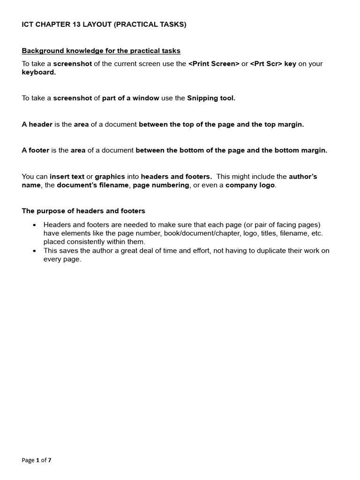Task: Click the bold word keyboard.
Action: pyautogui.click(x=38, y=72)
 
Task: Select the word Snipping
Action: pyautogui.click(x=202, y=98)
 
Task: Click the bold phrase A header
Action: pyautogui.click(x=37, y=124)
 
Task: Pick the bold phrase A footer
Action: pyautogui.click(x=36, y=150)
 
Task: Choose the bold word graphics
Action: pyautogui.click(x=110, y=177)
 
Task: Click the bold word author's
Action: pyautogui.click(x=303, y=177)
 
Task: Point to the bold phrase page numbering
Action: pyautogui.click(x=161, y=185)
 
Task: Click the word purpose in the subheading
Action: pyautogui.click(x=50, y=211)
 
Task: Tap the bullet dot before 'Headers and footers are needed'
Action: pyautogui.click(x=34, y=225)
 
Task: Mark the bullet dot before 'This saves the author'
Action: pyautogui.click(x=34, y=251)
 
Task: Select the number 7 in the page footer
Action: pyautogui.click(x=50, y=460)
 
